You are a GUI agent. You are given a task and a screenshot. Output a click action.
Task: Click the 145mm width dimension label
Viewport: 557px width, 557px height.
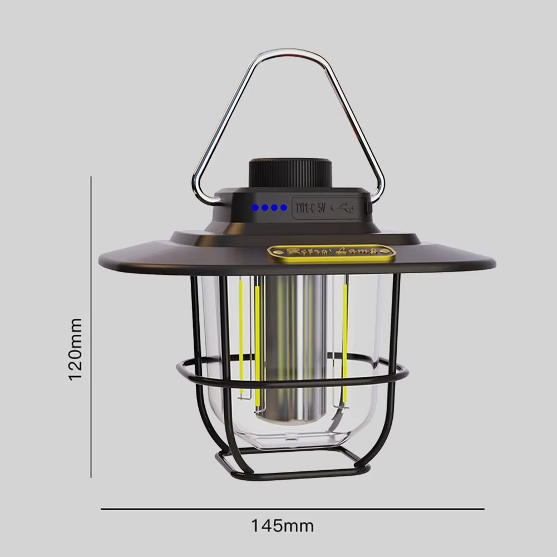coord(282,526)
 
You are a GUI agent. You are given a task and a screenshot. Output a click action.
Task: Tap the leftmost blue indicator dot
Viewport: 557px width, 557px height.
coord(255,208)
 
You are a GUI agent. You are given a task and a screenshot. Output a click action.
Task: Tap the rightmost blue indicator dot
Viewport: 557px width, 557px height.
coord(284,208)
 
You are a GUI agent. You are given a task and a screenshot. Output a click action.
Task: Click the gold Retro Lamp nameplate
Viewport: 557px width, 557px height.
coord(331,253)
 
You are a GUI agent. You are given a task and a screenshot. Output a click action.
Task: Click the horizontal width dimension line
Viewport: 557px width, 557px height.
coord(292,509)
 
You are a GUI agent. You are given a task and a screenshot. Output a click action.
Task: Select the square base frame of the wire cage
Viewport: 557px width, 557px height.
coord(289,473)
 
